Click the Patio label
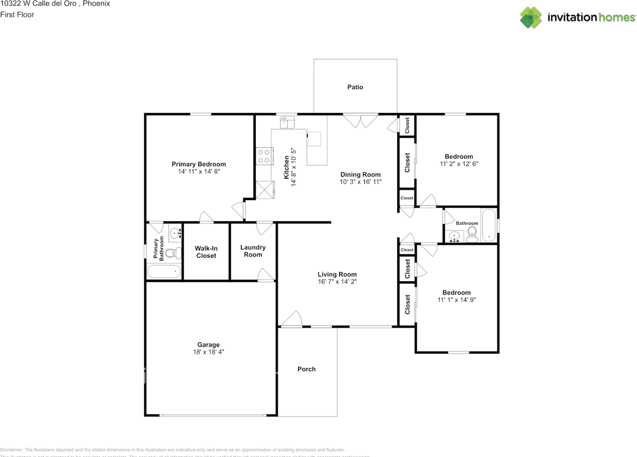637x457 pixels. click(x=355, y=87)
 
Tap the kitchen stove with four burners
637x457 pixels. click(x=264, y=156)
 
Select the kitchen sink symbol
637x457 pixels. click(x=288, y=122)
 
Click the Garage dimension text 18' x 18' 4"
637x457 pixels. click(x=208, y=352)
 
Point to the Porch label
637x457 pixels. click(x=307, y=369)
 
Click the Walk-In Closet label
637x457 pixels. click(x=206, y=252)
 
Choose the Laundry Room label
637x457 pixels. click(x=253, y=251)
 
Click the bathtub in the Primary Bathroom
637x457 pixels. click(x=164, y=272)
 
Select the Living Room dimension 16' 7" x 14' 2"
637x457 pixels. click(x=337, y=281)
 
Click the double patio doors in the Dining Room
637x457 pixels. click(x=361, y=121)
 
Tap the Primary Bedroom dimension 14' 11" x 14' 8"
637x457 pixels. click(x=199, y=171)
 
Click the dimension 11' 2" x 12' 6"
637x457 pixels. click(x=459, y=164)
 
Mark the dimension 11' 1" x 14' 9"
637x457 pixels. click(x=456, y=300)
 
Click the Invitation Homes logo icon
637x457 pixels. click(x=531, y=17)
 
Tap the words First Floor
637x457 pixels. click(x=17, y=14)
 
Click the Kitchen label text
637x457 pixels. click(x=287, y=167)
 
